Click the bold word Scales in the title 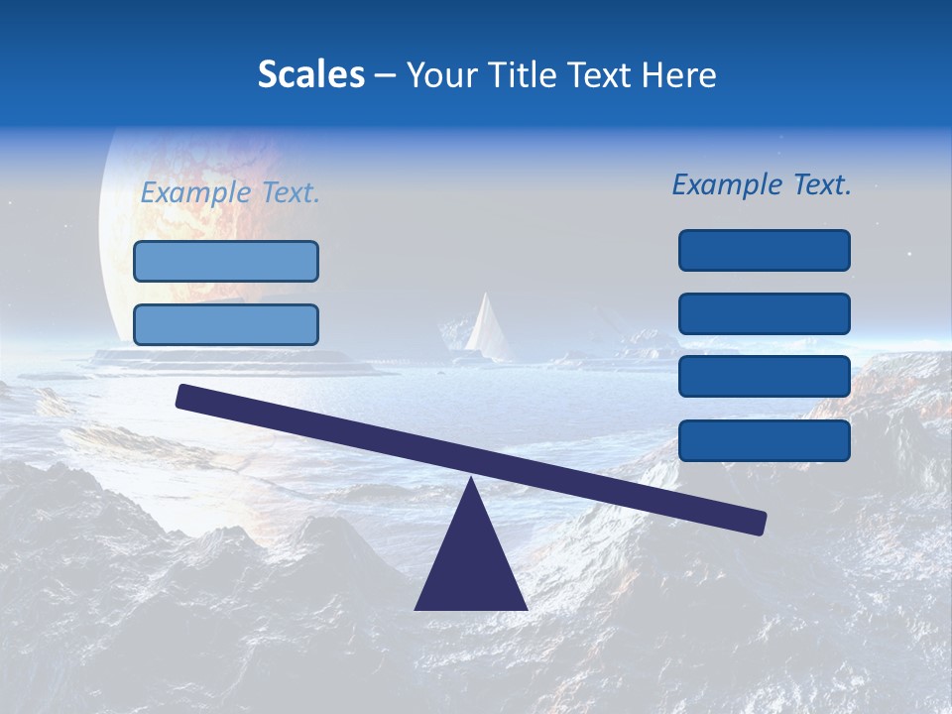pos(310,74)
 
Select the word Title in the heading pos(534,74)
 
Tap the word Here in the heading pos(680,74)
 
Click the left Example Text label pos(230,192)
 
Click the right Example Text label pos(762,184)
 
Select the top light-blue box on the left pos(226,262)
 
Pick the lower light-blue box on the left pos(226,324)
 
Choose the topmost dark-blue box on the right pos(765,250)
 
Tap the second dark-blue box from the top pos(765,313)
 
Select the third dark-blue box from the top pos(765,377)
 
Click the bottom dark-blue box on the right pos(765,440)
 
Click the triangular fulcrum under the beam pos(471,565)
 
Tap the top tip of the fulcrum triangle pos(471,480)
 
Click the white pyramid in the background pos(487,327)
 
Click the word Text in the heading pos(608,74)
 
